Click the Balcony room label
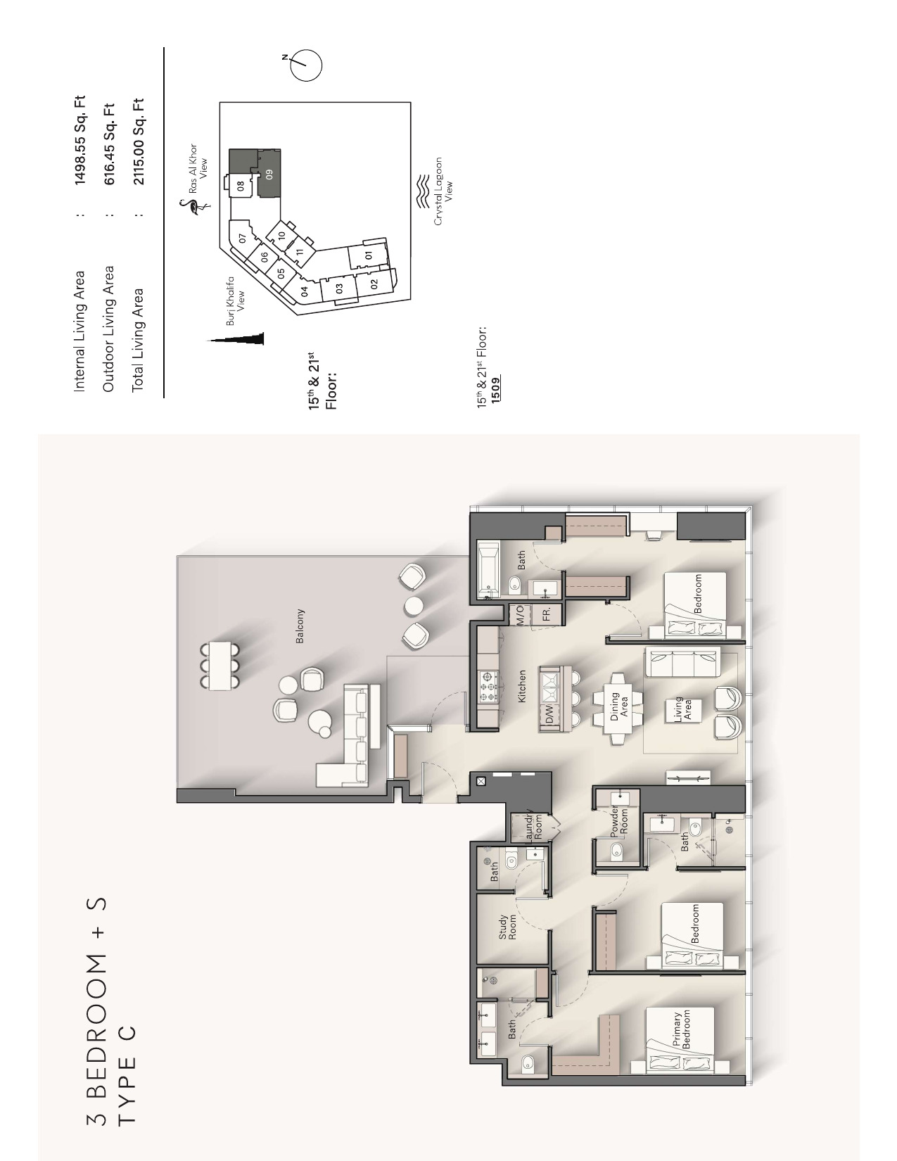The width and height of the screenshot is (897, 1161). click(300, 626)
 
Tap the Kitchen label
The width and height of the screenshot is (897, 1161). click(522, 686)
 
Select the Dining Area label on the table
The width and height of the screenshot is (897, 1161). click(619, 706)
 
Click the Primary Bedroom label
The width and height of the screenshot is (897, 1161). click(682, 1029)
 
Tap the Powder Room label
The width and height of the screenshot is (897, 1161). click(618, 821)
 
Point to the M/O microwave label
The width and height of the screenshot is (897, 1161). click(521, 615)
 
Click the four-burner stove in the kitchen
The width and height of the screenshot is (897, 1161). click(488, 687)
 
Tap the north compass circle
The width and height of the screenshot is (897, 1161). click(307, 65)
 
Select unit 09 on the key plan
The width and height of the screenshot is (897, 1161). click(269, 174)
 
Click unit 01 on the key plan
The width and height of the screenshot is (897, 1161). click(369, 255)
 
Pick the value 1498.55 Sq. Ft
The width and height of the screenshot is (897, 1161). click(79, 141)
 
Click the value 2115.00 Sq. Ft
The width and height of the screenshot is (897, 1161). click(139, 141)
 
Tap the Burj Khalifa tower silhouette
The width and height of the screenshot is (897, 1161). click(236, 338)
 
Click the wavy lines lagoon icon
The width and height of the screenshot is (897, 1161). click(423, 191)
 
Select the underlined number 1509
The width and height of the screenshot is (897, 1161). click(496, 390)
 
